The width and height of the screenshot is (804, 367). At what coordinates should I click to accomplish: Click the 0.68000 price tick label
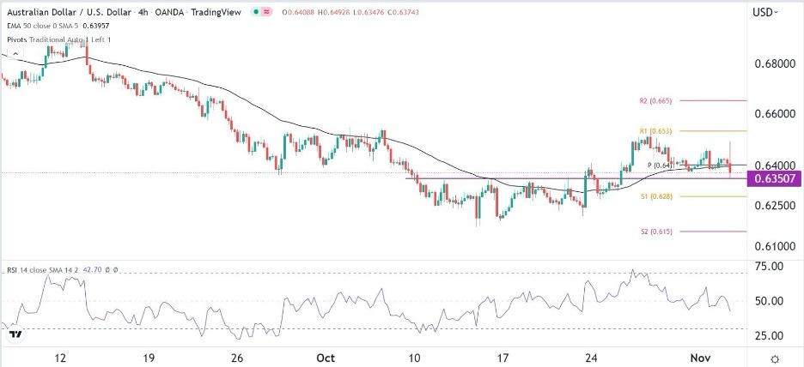[770, 64]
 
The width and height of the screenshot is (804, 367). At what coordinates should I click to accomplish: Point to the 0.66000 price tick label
[770, 113]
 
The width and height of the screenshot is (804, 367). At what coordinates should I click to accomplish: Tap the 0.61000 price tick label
[770, 246]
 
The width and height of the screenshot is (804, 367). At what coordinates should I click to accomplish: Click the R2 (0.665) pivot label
[655, 101]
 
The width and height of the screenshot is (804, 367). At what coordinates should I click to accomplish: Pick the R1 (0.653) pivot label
[655, 131]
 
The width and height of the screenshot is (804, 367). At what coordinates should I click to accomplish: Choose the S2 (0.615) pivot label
[655, 232]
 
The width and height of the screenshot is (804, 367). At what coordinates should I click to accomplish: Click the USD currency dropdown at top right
[767, 12]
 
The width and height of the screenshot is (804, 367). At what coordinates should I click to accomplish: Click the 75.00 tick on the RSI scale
[769, 266]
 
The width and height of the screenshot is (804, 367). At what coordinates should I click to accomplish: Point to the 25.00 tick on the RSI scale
[769, 335]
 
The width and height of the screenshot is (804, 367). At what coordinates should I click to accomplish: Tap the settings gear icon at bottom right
[776, 358]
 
